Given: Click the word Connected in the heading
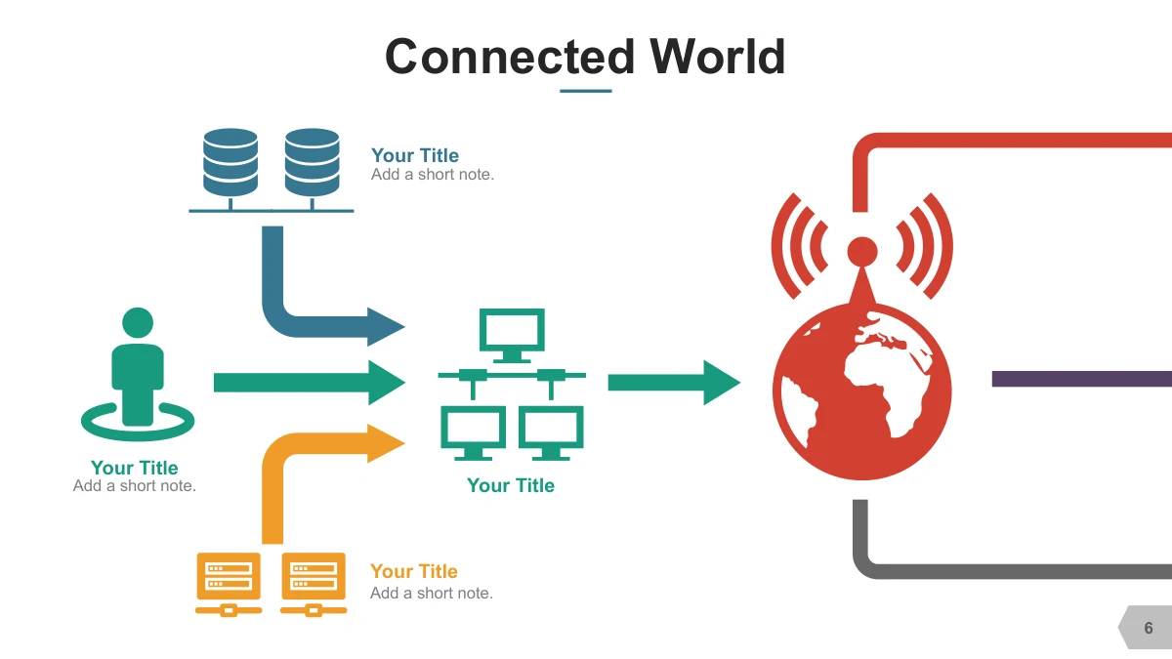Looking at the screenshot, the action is point(510,57).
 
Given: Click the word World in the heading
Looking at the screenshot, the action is point(717,57).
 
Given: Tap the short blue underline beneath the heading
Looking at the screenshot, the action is point(585,91).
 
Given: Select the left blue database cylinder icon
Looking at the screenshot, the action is point(230,163).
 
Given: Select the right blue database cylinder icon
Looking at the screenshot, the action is point(312,163).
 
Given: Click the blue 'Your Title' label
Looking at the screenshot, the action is point(415,155).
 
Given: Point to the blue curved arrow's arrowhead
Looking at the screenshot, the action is point(386,327).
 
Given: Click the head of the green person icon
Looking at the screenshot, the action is point(138,323).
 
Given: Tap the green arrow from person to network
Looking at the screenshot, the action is point(310,383).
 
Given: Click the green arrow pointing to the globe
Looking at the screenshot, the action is point(674,383).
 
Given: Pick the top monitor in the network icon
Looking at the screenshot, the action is point(512,335).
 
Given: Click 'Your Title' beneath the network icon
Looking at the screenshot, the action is point(511,485).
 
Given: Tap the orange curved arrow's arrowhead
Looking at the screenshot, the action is point(386,443).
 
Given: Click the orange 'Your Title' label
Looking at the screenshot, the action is point(414,571).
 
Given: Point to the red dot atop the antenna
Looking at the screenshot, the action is point(862,252).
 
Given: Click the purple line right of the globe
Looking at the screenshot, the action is point(1082,379).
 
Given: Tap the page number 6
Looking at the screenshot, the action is point(1149,628).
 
